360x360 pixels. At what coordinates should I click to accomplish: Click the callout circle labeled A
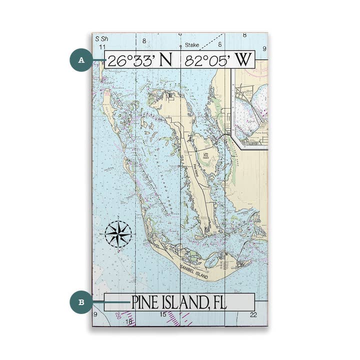coord(80,60)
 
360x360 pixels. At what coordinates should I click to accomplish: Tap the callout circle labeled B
coord(80,302)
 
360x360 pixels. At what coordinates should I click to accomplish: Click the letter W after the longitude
coord(242,60)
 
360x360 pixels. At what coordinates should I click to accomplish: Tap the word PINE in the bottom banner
coord(148,302)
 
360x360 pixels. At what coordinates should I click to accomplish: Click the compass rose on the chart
coord(118,233)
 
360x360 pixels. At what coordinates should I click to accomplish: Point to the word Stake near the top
coord(192,45)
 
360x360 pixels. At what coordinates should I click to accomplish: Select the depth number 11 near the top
coord(102,46)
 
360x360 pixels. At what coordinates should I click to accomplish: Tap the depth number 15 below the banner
coord(162,314)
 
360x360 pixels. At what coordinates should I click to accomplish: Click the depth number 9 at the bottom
coord(95,314)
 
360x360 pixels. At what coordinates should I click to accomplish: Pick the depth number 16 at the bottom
coord(129,321)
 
